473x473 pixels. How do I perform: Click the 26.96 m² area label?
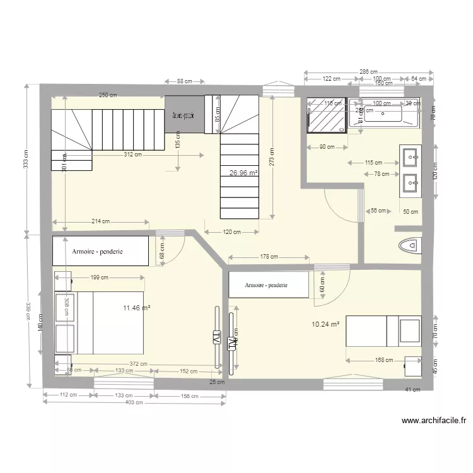243,172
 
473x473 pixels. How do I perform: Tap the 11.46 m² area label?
136,308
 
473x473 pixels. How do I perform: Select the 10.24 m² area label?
325,324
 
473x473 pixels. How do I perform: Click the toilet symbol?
410,245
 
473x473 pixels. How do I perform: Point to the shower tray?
327,115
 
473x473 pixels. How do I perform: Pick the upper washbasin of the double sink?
411,155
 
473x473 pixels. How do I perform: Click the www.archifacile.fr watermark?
433,421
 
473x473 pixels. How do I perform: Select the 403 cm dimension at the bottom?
134,402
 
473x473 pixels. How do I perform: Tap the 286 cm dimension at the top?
368,73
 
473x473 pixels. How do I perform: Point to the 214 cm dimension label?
101,221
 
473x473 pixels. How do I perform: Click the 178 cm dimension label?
269,257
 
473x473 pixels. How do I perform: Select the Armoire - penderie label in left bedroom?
98,251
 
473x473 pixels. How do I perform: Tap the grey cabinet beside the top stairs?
184,115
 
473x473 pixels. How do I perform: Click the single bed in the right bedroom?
383,330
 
